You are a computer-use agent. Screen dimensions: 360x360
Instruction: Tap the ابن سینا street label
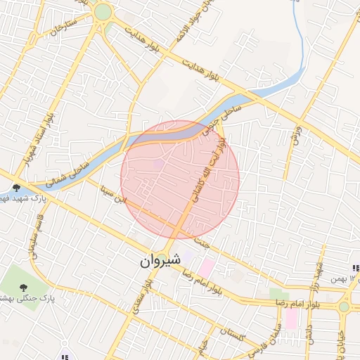(x=115, y=195)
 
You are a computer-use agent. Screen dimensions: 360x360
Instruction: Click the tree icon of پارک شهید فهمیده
(x=16, y=188)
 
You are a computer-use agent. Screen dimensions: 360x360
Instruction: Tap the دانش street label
(x=309, y=334)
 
